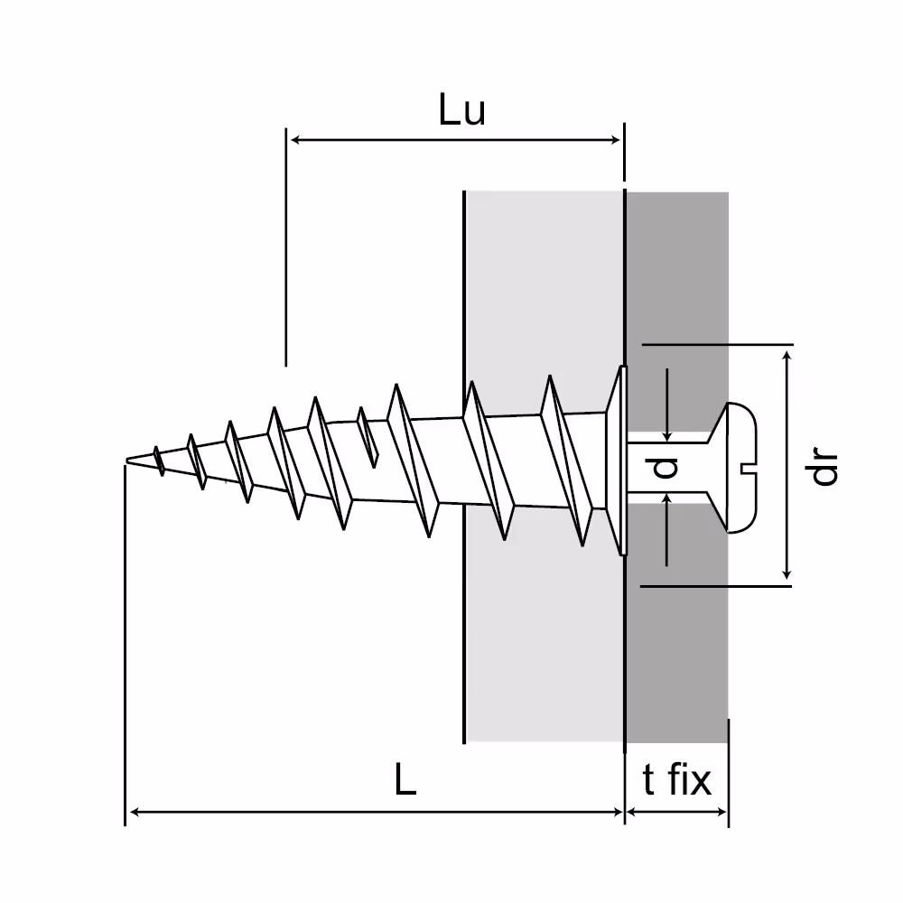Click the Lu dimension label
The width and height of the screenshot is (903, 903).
click(x=461, y=109)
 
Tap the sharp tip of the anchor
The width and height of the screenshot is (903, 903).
click(x=127, y=460)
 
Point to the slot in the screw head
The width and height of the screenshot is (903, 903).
click(x=748, y=468)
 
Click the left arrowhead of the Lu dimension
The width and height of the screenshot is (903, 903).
click(x=295, y=140)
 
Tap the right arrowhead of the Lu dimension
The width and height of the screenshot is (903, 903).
click(x=616, y=140)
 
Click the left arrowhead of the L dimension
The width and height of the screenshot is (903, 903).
click(x=135, y=812)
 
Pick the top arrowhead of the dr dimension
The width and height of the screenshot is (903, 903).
click(x=787, y=355)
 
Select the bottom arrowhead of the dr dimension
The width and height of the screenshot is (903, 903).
click(x=787, y=573)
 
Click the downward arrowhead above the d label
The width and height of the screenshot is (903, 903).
click(x=667, y=435)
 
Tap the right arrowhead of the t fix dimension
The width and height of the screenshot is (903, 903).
click(x=721, y=812)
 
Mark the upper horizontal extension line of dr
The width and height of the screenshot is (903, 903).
click(x=718, y=344)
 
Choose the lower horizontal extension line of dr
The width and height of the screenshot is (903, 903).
click(x=716, y=586)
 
